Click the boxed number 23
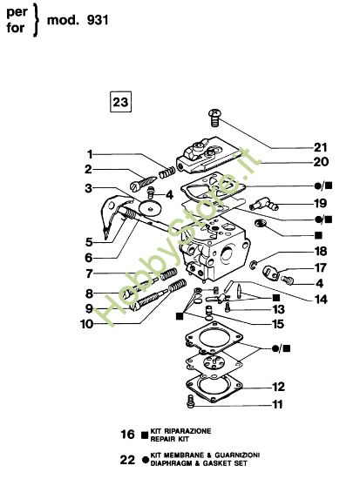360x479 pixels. (x=120, y=102)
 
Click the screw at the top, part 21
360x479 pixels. (x=213, y=115)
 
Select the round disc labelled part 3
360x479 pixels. (x=154, y=209)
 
